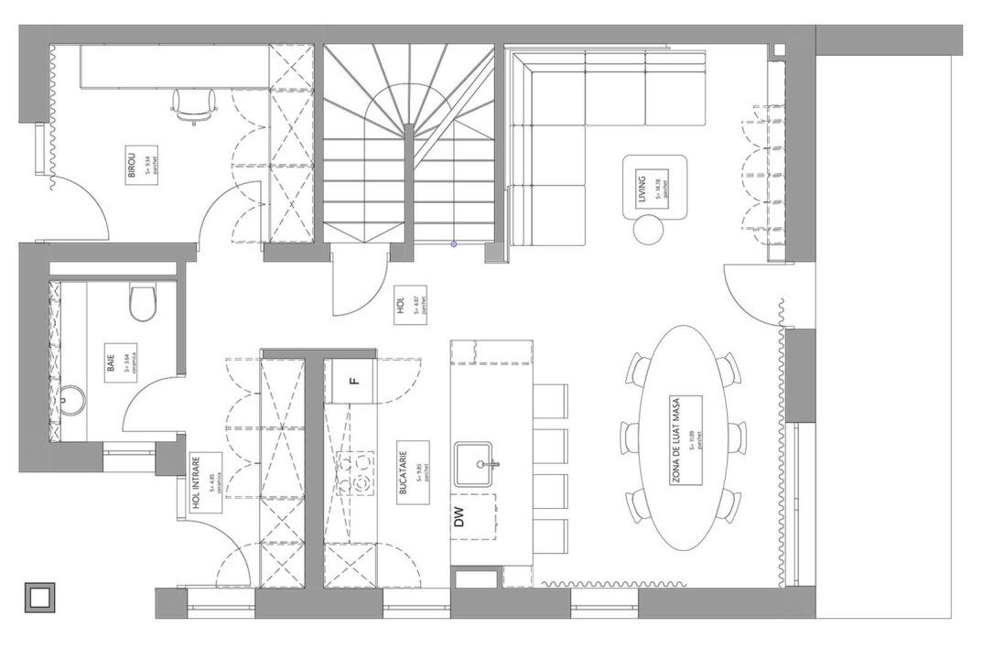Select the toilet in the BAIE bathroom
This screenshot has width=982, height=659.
[143, 303]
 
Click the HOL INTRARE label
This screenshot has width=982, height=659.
[207, 483]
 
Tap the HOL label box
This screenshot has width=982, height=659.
[409, 304]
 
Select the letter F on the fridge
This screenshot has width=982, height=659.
[354, 379]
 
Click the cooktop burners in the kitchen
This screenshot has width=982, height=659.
[357, 472]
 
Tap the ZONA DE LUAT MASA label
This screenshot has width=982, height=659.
[685, 441]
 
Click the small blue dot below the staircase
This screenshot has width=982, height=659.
[454, 244]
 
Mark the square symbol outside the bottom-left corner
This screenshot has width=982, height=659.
[39, 597]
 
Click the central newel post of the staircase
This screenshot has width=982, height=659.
[408, 128]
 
